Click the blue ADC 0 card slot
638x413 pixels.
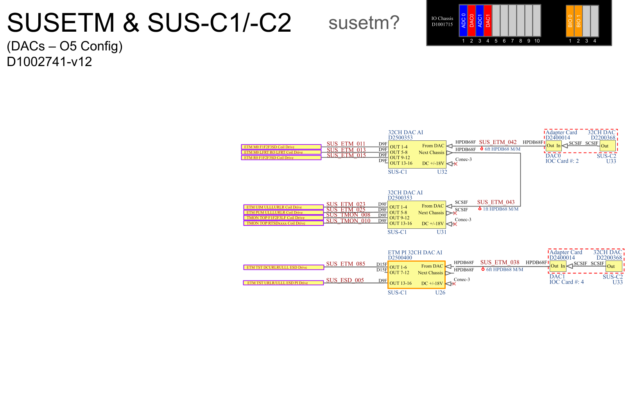(463, 21)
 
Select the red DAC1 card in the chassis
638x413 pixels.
(487, 21)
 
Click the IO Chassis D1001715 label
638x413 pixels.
(442, 22)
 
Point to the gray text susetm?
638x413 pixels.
(364, 23)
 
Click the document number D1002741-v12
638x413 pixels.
(49, 62)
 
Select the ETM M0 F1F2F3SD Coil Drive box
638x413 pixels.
(281, 147)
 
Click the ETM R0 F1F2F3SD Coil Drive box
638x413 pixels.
(281, 158)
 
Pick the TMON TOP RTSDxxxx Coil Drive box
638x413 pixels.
(283, 223)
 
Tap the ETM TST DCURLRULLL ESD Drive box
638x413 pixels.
(283, 268)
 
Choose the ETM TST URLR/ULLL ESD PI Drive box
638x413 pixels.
(283, 283)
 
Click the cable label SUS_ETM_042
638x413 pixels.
(498, 142)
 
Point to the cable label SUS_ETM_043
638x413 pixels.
(496, 202)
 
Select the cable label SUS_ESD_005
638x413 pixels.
(345, 280)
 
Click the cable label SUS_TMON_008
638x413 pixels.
(348, 215)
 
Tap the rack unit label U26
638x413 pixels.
(440, 293)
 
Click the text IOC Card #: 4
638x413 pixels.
(566, 282)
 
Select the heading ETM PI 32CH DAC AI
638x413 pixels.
(415, 253)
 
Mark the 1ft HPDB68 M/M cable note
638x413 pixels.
(500, 209)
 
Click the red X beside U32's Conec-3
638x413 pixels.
(455, 164)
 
